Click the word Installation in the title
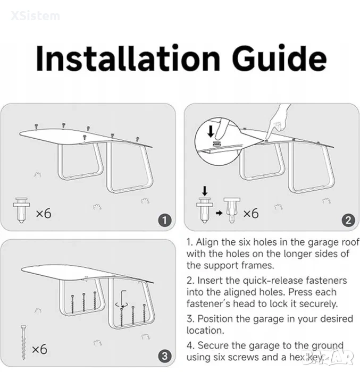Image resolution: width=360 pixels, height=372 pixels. [128, 58]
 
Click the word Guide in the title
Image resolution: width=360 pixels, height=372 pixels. [279, 58]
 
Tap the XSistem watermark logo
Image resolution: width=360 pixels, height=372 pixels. [35, 16]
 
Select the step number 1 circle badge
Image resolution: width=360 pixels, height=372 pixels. [165, 220]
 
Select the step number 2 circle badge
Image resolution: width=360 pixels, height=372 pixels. [348, 220]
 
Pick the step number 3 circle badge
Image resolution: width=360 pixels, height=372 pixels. [165, 356]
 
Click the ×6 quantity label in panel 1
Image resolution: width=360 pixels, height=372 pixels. [44, 213]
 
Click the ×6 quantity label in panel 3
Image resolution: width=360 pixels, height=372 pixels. [39, 349]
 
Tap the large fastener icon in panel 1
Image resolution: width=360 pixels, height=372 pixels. [21, 210]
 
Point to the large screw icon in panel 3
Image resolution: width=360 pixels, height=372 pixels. [23, 343]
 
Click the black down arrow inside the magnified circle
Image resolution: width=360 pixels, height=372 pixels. [211, 131]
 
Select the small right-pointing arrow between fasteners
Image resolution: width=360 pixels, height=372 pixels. [219, 213]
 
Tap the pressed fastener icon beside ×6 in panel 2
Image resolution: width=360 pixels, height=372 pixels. [232, 210]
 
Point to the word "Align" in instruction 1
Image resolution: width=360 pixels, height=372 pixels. [207, 242]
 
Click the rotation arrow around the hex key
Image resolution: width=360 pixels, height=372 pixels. [122, 305]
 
